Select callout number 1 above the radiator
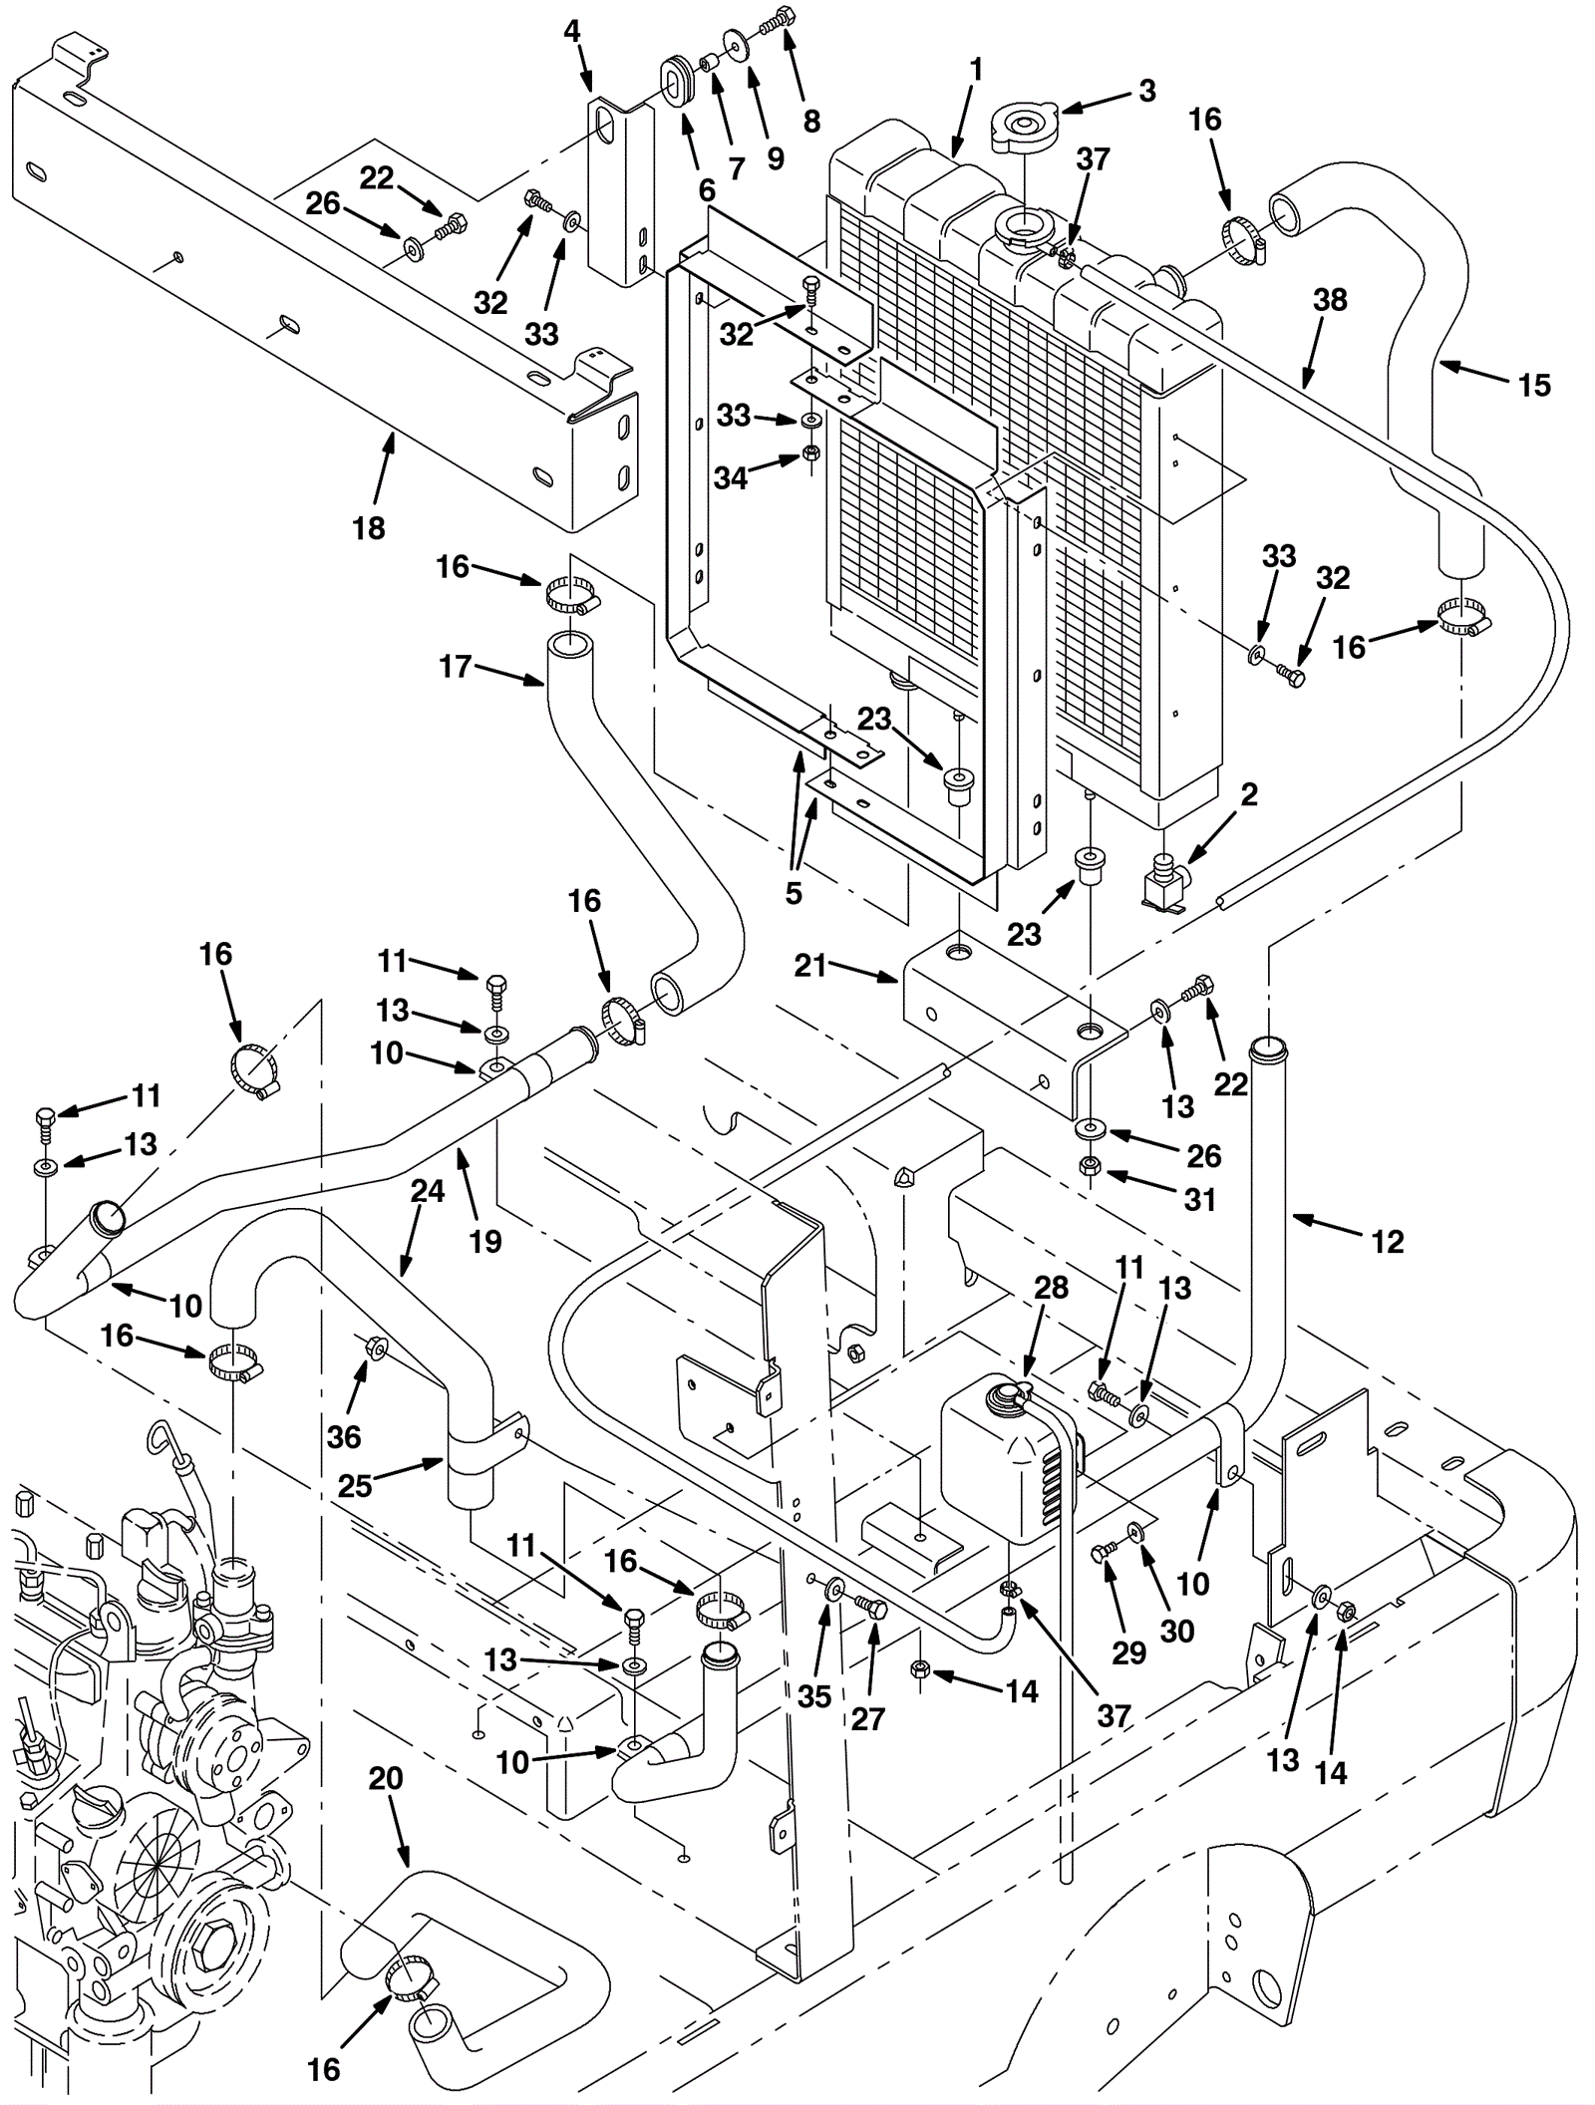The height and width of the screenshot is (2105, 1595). [976, 70]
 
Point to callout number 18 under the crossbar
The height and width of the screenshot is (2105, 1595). [369, 528]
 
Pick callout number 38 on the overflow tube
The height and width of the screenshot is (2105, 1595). [1330, 300]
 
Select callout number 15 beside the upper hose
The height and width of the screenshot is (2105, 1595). [1534, 385]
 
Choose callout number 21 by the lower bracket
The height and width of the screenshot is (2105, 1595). [810, 965]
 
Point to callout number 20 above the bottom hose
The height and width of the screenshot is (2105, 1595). [386, 1778]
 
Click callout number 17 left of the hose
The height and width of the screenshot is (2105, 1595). [456, 666]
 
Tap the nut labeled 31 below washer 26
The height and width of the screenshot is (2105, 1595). [1091, 1166]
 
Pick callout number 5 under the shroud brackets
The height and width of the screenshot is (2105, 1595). [794, 893]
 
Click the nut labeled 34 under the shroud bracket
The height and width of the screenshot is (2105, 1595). [811, 455]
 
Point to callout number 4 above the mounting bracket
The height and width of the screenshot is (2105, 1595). [571, 31]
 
